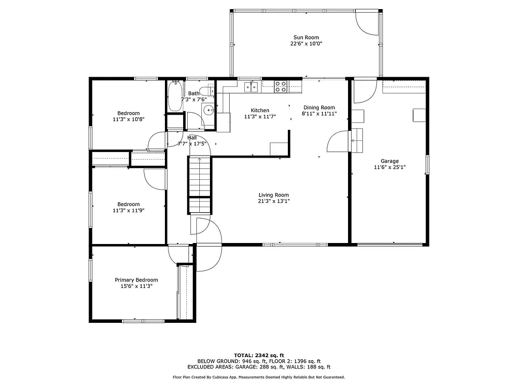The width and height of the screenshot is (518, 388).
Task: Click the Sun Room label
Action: point(306,37)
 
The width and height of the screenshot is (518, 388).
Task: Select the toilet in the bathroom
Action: point(206,91)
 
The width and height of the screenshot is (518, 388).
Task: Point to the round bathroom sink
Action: point(208,111)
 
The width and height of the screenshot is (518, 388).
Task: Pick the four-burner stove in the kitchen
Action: point(281,87)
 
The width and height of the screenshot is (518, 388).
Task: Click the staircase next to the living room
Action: point(199,184)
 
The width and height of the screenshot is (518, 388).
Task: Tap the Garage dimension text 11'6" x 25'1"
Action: point(390,168)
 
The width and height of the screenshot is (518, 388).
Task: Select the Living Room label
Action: point(274,195)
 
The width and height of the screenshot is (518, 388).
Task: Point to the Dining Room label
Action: point(319,108)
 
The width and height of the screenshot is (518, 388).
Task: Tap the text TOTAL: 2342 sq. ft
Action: point(258,355)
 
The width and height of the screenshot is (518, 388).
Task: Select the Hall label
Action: point(192,137)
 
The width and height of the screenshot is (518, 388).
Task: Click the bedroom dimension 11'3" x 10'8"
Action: point(128,120)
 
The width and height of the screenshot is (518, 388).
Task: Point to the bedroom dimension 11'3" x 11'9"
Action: point(128,211)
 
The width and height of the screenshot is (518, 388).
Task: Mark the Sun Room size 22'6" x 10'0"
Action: point(306,44)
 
